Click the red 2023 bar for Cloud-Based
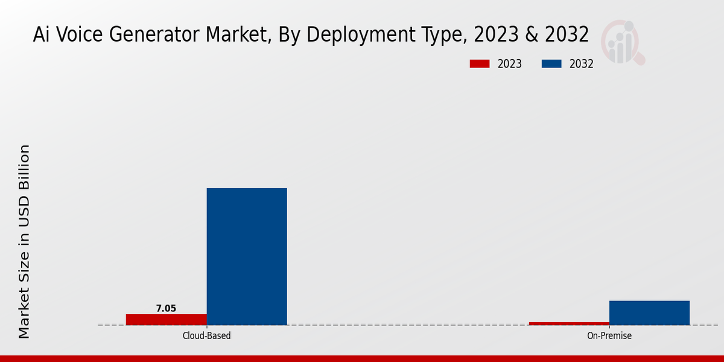click(166, 319)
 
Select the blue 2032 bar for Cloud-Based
click(247, 256)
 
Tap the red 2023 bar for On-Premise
click(569, 323)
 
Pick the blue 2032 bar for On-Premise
click(649, 313)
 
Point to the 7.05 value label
click(166, 308)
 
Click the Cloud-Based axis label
click(206, 335)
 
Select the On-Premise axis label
click(609, 335)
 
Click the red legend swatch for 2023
click(480, 64)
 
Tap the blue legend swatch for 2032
click(552, 64)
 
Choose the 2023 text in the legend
click(510, 64)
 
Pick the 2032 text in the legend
click(582, 64)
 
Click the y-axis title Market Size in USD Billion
click(24, 241)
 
